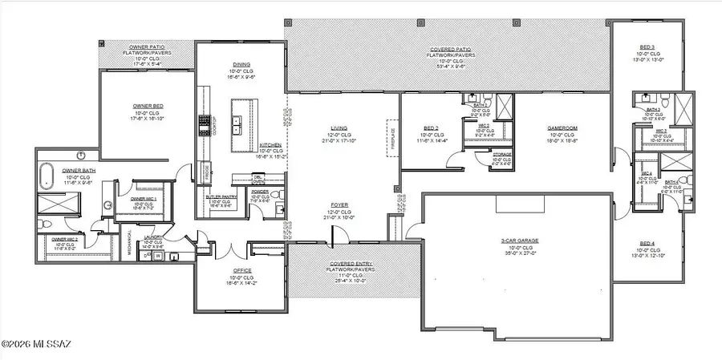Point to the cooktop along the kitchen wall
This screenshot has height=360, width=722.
(203, 125)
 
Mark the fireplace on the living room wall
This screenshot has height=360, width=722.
(393, 133)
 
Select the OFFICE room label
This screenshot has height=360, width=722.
(243, 270)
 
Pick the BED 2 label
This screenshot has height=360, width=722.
(430, 127)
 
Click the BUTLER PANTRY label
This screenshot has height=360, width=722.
(220, 196)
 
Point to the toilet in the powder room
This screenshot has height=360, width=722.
(280, 210)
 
